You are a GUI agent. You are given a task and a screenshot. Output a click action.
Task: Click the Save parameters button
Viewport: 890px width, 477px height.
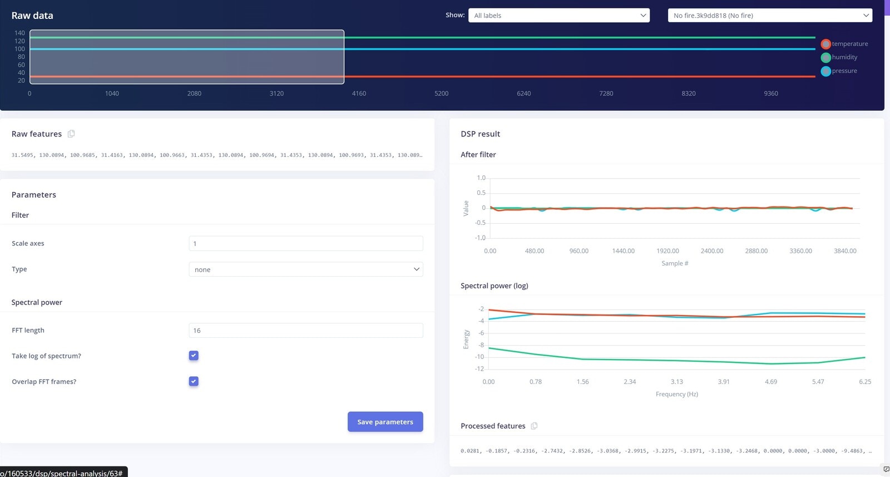[385, 422]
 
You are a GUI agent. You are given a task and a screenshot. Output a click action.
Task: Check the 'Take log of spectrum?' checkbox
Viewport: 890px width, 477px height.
[194, 356]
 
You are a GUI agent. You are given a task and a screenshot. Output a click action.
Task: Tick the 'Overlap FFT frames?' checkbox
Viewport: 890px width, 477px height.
[194, 381]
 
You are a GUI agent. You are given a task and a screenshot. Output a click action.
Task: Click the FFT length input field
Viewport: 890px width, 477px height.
[305, 331]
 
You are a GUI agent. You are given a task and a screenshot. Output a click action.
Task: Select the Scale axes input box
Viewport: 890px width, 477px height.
[305, 244]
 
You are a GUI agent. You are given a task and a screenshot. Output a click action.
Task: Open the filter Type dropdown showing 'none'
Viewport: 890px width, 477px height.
[305, 269]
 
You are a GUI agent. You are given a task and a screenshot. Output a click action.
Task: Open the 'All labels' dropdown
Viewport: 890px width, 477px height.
[559, 16]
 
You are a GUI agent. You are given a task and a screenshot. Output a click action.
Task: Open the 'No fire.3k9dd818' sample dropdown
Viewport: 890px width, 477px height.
[770, 16]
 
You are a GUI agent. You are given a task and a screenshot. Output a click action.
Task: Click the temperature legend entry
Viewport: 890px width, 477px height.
[844, 44]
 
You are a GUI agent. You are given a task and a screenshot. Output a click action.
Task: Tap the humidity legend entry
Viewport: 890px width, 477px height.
[839, 57]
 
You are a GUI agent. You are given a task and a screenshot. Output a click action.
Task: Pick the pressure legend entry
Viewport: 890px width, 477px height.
[839, 71]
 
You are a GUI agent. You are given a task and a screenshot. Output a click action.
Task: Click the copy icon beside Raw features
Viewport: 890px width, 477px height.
[71, 134]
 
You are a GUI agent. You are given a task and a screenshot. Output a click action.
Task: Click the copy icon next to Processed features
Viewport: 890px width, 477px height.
[534, 426]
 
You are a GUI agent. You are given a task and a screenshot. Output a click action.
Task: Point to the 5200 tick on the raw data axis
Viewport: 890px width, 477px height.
[441, 94]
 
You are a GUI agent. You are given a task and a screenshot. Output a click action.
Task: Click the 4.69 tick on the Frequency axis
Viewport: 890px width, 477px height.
[771, 382]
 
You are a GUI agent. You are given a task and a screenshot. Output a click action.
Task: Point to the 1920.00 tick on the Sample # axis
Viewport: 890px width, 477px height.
[667, 251]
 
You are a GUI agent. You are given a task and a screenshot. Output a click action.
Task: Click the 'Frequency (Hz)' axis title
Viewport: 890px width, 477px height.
[676, 394]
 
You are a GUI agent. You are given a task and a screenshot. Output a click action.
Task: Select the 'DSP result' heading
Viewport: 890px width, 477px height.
[480, 134]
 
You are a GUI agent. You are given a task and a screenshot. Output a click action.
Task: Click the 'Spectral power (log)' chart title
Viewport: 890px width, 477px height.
[494, 286]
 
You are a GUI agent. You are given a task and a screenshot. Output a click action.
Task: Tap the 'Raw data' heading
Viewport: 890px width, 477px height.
[32, 16]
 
